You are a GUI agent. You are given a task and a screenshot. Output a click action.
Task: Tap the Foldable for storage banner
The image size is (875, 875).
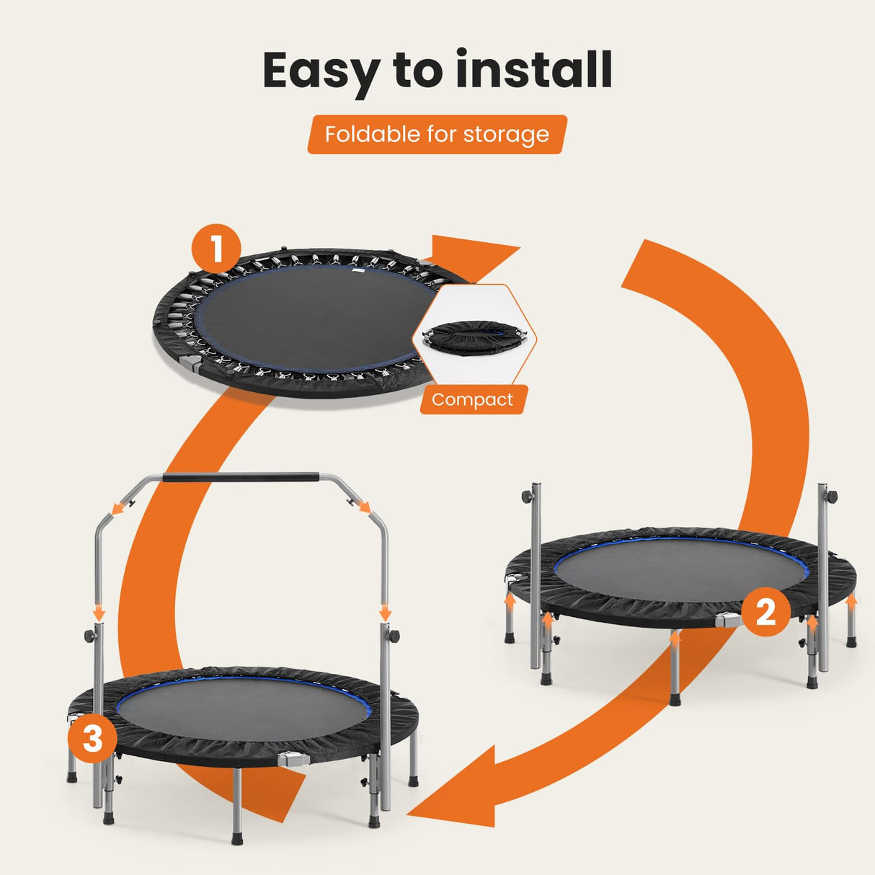tap(437, 134)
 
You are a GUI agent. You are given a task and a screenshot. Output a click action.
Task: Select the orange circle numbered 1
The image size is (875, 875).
tap(216, 249)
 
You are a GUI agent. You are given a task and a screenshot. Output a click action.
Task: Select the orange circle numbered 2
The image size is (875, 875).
tap(765, 612)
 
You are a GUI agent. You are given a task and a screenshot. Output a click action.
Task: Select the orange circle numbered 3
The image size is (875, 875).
tap(93, 739)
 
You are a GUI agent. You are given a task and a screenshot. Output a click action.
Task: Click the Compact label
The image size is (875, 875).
tap(473, 400)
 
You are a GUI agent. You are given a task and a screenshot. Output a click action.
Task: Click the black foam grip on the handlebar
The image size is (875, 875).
tap(241, 477)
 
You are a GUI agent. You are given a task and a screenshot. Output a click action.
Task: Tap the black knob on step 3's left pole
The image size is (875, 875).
tap(90, 636)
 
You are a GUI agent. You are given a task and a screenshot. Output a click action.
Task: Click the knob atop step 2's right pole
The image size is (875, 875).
tap(832, 497)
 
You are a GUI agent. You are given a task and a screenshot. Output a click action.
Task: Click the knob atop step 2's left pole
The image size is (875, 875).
tap(528, 497)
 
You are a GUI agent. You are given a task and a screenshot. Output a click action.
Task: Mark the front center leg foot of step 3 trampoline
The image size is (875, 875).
tap(237, 838)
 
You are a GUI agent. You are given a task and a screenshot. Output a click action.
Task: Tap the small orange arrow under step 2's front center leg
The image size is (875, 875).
tap(675, 636)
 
